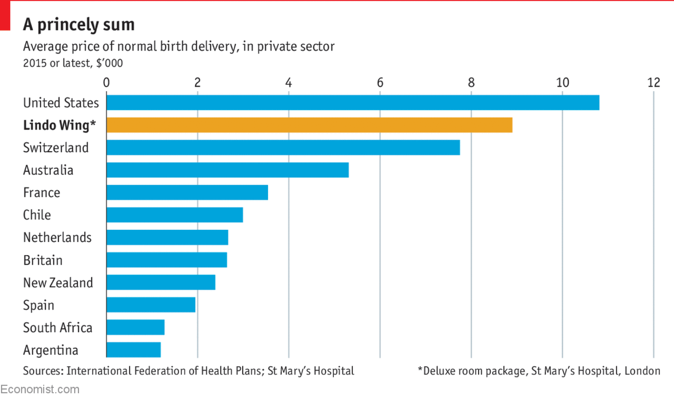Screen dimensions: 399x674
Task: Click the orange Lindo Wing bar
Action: [x=309, y=125]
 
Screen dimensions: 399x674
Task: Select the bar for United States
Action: [x=353, y=103]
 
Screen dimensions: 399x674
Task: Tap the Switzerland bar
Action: [x=283, y=148]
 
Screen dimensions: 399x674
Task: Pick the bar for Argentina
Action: [x=134, y=350]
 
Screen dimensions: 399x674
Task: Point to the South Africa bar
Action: [x=136, y=327]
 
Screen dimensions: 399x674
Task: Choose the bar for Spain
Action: [x=151, y=305]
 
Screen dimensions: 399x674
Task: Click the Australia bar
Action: [x=228, y=170]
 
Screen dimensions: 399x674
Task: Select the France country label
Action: [x=42, y=193]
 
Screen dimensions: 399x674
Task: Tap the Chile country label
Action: [x=37, y=215]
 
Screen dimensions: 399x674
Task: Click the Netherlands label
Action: [x=57, y=238]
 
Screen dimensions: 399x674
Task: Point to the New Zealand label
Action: [x=58, y=283]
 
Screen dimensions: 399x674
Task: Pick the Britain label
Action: [x=43, y=260]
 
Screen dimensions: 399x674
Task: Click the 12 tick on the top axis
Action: [x=653, y=83]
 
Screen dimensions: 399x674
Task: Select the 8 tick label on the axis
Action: [x=471, y=83]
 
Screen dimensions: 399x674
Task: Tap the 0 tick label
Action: [x=106, y=83]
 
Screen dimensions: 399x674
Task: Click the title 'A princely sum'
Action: [x=79, y=25]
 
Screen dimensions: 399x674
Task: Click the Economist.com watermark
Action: [x=40, y=389]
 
